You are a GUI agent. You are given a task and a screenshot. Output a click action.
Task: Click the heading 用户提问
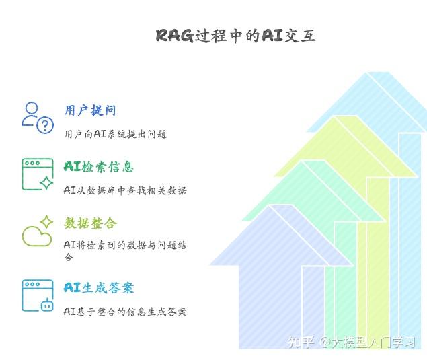pos(90,110)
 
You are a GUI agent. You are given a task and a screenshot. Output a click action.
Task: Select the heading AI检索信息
pos(98,167)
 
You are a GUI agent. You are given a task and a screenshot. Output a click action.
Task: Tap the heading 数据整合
pos(90,223)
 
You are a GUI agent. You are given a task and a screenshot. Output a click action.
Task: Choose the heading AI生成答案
pos(99,288)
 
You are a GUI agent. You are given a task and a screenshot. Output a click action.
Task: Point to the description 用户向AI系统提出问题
pos(115,134)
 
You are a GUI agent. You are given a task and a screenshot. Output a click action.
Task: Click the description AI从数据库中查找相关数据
pos(125,190)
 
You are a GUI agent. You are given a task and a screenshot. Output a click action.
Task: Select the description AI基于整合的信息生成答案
pos(125,312)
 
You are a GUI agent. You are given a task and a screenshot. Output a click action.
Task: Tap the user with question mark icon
pos(37,118)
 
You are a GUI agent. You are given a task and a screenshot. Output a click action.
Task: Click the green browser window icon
pos(37,174)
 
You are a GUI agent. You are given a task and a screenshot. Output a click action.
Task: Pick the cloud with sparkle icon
pos(37,231)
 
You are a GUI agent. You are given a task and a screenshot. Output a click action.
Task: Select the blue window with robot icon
pos(37,295)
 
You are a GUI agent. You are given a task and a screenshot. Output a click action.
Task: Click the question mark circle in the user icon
pos(45,124)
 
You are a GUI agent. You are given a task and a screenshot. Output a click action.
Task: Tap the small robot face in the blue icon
pos(46,305)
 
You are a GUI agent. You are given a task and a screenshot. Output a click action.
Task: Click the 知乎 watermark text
pos(301,343)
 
